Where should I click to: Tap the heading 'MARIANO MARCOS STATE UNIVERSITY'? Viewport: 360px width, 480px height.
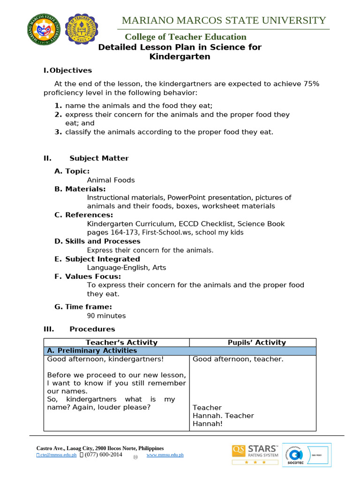point(224,20)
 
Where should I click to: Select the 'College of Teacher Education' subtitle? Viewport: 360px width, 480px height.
point(185,37)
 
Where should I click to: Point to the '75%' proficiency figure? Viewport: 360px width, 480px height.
point(311,83)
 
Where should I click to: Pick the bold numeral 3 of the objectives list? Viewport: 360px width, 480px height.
point(58,132)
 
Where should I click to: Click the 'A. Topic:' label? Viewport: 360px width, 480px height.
point(72,171)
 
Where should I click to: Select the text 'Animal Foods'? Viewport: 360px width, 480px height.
point(111,180)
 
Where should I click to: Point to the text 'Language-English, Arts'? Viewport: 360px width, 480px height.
point(127,268)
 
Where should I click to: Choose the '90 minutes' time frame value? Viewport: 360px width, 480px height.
point(106,316)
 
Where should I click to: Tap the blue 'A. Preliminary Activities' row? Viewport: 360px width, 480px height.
point(180,351)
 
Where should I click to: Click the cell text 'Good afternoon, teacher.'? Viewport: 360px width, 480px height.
point(238,360)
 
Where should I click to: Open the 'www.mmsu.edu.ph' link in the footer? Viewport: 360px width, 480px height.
point(165,455)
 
